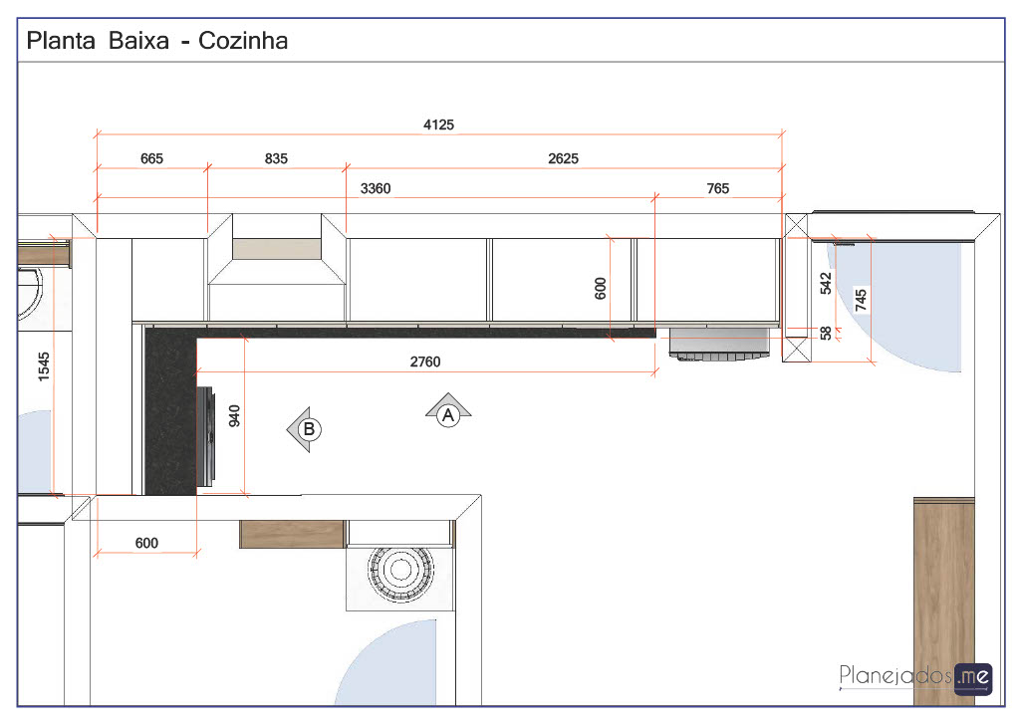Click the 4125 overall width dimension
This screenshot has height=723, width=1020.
tap(438, 124)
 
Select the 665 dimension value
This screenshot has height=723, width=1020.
tap(151, 158)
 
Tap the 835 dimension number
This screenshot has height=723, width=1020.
tap(276, 158)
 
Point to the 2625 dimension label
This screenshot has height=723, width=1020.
tap(563, 158)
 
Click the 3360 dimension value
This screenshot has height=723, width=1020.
tap(376, 188)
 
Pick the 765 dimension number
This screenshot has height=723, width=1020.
tap(717, 188)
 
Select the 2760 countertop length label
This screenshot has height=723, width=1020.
tap(424, 361)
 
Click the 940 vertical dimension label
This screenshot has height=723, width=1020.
tap(234, 416)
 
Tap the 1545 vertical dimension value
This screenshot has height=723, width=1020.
tap(44, 366)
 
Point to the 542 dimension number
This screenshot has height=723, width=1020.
tap(826, 284)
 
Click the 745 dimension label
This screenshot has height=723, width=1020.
tap(861, 301)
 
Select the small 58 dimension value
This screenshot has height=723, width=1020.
tap(826, 333)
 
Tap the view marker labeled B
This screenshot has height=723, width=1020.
tap(305, 429)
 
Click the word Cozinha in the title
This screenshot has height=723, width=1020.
tap(243, 40)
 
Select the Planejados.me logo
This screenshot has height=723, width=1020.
tap(915, 678)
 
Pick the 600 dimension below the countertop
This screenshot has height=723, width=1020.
tap(146, 543)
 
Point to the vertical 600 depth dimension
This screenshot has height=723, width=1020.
tap(600, 288)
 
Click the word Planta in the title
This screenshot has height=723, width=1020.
tap(61, 40)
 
